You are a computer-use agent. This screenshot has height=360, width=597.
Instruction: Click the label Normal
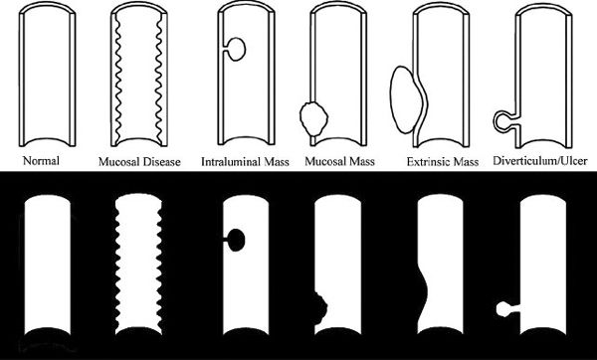pyautogui.click(x=41, y=161)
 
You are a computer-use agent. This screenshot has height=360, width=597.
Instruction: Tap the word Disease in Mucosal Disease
pyautogui.click(x=159, y=162)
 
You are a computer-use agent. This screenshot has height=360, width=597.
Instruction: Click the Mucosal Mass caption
pyautogui.click(x=339, y=162)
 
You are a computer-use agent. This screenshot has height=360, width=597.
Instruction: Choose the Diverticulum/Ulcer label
pyautogui.click(x=540, y=161)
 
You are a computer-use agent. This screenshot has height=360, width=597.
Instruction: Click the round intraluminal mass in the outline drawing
pyautogui.click(x=237, y=49)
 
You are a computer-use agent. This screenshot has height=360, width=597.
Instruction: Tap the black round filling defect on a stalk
pyautogui.click(x=236, y=240)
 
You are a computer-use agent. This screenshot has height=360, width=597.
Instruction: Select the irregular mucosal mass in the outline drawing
pyautogui.click(x=314, y=119)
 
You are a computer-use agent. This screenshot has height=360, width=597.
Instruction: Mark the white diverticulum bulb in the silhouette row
pyautogui.click(x=502, y=308)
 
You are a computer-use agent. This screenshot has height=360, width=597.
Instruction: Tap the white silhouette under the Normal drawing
pyautogui.click(x=48, y=263)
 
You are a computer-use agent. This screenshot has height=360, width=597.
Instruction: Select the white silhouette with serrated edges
pyautogui.click(x=138, y=263)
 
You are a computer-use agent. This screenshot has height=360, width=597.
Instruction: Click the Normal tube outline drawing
pyautogui.click(x=21, y=77)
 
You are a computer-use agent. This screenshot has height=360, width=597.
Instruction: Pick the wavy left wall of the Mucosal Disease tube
pyautogui.click(x=117, y=78)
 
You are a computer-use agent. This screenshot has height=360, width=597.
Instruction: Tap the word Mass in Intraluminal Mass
pyautogui.click(x=277, y=162)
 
